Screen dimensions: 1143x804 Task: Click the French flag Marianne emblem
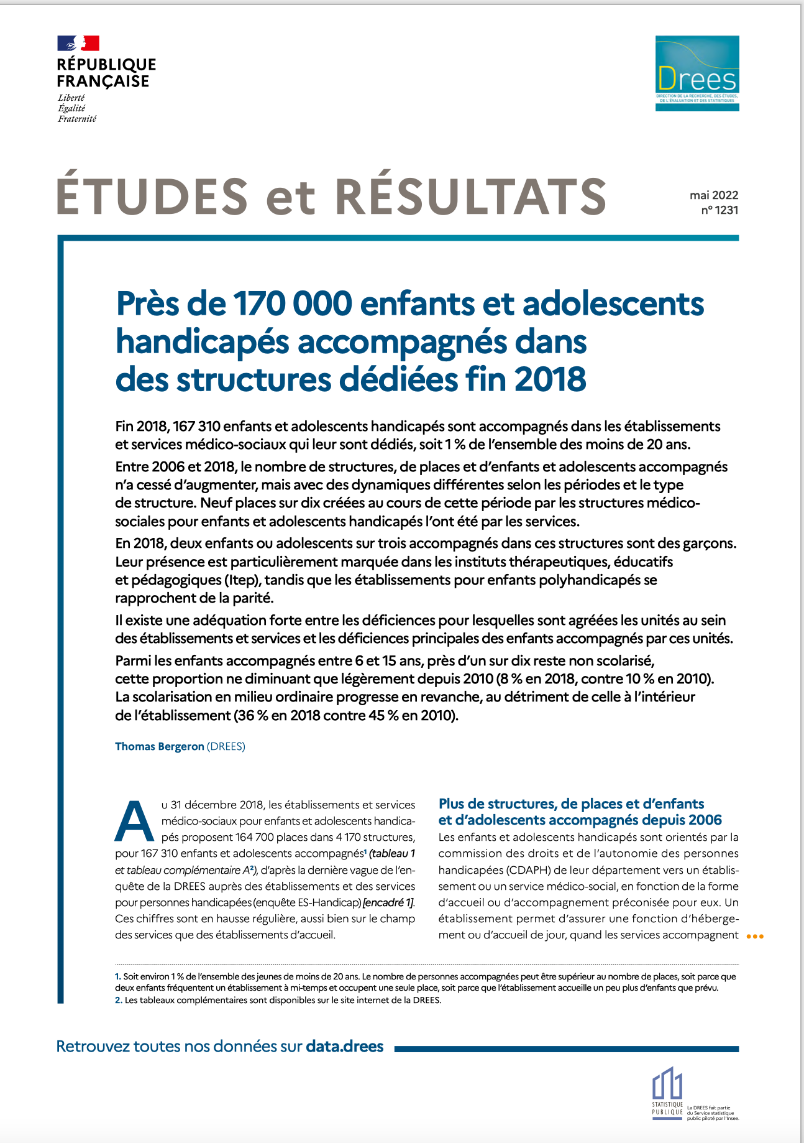pos(78,44)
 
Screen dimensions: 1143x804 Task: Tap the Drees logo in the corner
pos(697,73)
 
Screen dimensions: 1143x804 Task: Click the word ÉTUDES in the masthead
pos(153,196)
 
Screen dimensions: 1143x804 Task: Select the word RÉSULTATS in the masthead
pos(470,196)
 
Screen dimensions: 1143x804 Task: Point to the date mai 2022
pos(714,195)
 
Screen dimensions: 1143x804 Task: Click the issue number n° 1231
pos(719,210)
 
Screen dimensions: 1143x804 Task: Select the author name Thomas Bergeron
pos(159,746)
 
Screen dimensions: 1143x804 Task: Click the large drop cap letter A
pos(134,821)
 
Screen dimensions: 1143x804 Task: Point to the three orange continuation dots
pos(754,937)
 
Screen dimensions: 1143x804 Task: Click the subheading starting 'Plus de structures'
pos(572,803)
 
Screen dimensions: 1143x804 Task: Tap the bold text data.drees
pos(344,1046)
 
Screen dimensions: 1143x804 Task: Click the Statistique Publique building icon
pos(667,1084)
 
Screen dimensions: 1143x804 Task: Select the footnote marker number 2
pos(118,1001)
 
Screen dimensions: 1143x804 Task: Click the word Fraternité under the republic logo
pos(77,119)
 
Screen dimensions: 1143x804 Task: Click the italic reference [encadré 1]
pos(389,902)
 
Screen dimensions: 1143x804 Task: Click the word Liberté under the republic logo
pos(71,98)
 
